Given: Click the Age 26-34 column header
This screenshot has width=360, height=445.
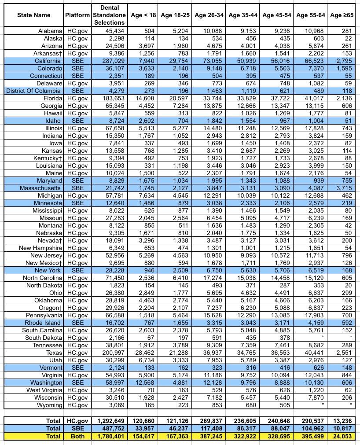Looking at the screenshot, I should [209, 15].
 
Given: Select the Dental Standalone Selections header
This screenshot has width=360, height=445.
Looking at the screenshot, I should [110, 15].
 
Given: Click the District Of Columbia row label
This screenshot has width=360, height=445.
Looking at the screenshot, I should [34, 91].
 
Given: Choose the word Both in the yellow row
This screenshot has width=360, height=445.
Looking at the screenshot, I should [78, 436].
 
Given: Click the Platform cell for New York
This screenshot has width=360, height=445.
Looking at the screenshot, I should [78, 270].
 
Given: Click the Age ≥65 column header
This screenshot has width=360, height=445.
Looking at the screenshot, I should [342, 15].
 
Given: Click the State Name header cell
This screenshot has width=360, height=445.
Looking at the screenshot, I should [34, 15].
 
